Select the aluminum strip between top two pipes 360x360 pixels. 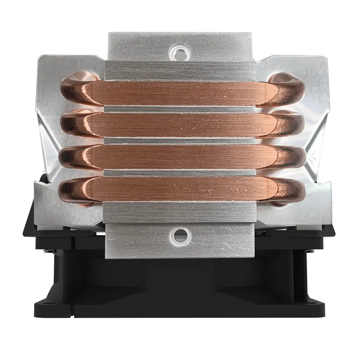click(180, 109)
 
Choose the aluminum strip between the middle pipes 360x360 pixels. click(180, 141)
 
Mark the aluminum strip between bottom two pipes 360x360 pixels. click(180, 173)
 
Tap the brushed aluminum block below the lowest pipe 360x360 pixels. click(180, 212)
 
